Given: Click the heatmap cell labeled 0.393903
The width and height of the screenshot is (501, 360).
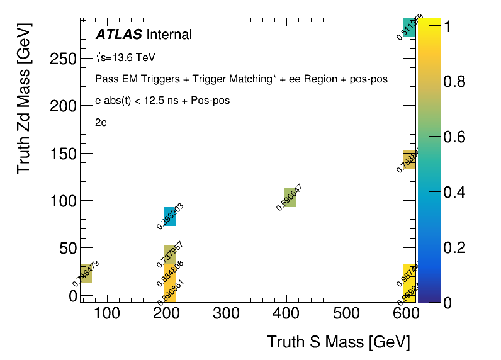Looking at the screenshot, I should [x=169, y=217].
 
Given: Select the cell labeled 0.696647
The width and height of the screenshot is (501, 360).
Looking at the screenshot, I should [x=290, y=198].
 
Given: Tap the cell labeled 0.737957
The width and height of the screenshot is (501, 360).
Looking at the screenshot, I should [x=169, y=254].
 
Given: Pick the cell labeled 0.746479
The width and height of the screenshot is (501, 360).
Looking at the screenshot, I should [x=86, y=274].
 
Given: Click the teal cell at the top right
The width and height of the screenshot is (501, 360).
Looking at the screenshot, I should [x=409, y=27].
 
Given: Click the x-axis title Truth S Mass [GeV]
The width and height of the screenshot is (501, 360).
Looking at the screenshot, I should [x=339, y=342].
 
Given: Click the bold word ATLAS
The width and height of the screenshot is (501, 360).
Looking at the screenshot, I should [x=118, y=35].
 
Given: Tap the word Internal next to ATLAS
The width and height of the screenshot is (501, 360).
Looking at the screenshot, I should [x=169, y=35].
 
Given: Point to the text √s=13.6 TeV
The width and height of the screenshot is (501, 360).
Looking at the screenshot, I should [x=125, y=58].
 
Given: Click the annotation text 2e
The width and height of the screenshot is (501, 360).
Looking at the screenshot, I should [x=101, y=123].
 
